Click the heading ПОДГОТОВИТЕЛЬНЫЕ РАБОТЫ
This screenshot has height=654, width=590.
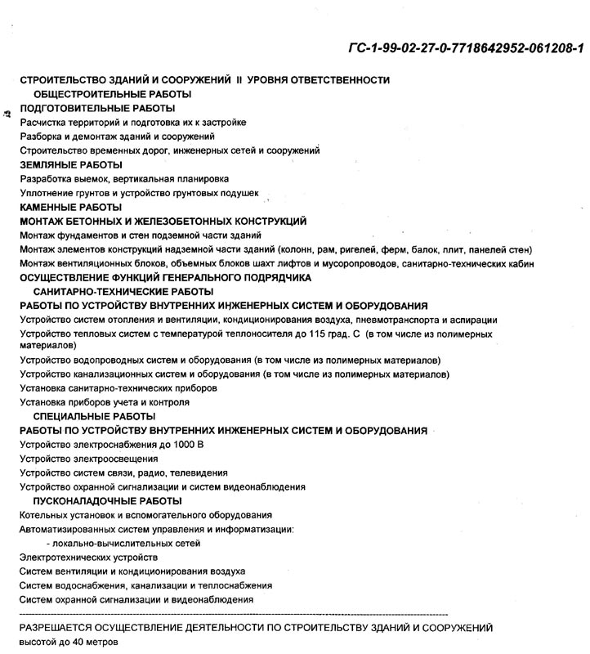pos(97,109)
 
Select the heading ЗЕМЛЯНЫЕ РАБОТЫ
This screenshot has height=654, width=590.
pos(70,164)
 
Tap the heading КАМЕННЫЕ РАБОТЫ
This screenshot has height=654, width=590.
pos(70,208)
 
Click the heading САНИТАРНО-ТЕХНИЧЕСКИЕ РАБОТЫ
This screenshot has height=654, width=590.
pos(123,291)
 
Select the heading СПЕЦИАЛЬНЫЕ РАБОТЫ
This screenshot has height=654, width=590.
pos(95,416)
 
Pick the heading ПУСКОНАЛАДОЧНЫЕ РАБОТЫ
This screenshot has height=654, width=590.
pos(107,500)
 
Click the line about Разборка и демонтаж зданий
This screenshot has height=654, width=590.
pos(117,137)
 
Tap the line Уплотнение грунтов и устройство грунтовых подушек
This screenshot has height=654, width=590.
pos(139,193)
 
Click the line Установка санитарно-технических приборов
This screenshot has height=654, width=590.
pos(118,388)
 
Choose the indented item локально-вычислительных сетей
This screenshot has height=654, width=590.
pos(123,543)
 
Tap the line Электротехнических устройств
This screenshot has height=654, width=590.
pos(88,558)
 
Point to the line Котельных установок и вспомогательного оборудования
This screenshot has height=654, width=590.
pos(145,515)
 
